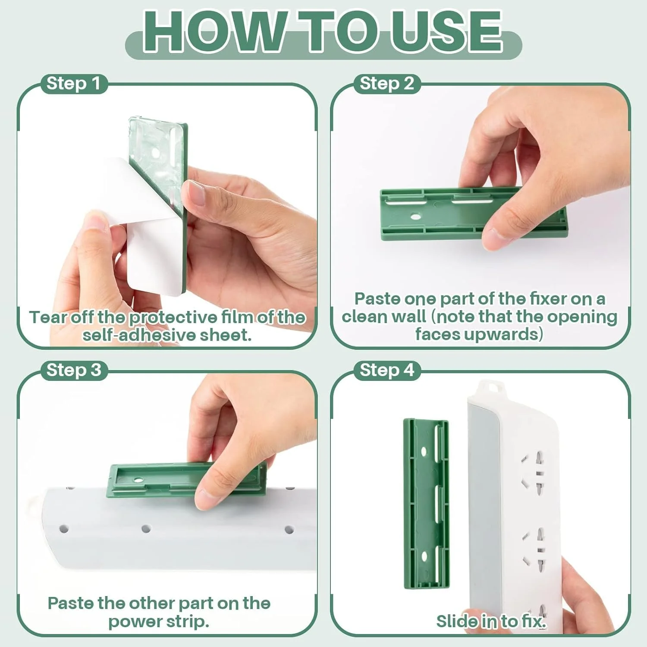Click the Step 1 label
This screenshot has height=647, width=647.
tap(73, 83)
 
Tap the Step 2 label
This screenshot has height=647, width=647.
tap(387, 83)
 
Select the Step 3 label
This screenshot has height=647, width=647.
tap(74, 370)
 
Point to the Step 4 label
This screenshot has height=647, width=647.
tap(387, 370)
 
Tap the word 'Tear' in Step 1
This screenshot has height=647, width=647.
tap(48, 317)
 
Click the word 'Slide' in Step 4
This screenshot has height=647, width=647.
tap(456, 621)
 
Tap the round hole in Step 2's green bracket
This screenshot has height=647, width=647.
tap(415, 216)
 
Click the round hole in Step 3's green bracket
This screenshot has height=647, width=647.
tap(138, 480)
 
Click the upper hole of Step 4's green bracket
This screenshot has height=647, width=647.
tap(424, 452)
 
